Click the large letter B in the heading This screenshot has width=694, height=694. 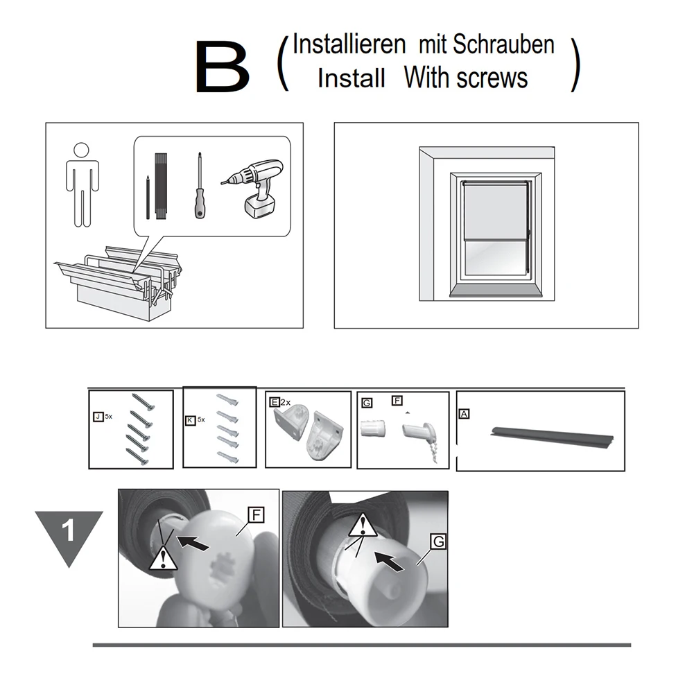pyautogui.click(x=222, y=67)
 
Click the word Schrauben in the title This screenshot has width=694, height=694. pyautogui.click(x=503, y=44)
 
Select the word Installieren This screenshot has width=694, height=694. pyautogui.click(x=349, y=44)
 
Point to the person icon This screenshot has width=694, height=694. pyautogui.click(x=83, y=184)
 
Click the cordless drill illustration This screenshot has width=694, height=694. pyautogui.click(x=254, y=189)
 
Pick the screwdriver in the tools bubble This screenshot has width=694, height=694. pyautogui.click(x=200, y=185)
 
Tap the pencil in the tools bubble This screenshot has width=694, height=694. pyautogui.click(x=148, y=198)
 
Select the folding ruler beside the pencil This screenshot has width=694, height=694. pyautogui.click(x=161, y=186)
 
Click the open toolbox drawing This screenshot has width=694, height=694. pyautogui.click(x=119, y=282)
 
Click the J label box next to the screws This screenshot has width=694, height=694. pyautogui.click(x=98, y=417)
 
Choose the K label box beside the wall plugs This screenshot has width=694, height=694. pyautogui.click(x=190, y=420)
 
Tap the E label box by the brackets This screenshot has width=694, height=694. pyautogui.click(x=275, y=402)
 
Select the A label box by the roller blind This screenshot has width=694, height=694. pyautogui.click(x=464, y=414)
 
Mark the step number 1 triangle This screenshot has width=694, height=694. pyautogui.click(x=69, y=533)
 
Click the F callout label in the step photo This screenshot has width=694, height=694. pyautogui.click(x=256, y=515)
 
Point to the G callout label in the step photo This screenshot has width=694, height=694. pyautogui.click(x=438, y=541)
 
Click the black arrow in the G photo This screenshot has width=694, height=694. pyautogui.click(x=389, y=561)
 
